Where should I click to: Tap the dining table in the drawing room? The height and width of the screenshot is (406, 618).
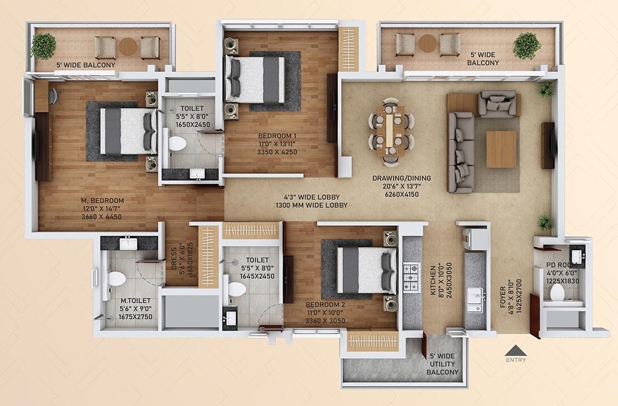pos(392,130)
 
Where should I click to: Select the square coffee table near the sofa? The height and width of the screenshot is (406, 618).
pos(501,149)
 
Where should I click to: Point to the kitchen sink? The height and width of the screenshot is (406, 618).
pos(474,300)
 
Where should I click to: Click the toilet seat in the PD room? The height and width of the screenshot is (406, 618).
pos(558,293)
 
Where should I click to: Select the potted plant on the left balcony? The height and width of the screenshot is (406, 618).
pos(44,46)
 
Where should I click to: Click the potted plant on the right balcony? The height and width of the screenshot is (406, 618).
pos(526,45)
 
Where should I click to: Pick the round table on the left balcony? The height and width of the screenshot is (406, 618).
pos(128,46)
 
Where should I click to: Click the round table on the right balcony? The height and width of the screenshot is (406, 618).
pos(427,43)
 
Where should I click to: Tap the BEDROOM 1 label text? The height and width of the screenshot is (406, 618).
pos(277,136)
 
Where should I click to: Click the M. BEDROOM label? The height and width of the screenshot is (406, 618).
pos(102,200)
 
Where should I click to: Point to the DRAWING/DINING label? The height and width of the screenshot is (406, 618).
pos(401,178)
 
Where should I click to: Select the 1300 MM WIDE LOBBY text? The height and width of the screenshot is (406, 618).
pos(312,206)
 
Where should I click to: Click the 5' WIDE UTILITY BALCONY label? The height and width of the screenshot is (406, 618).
pos(442,364)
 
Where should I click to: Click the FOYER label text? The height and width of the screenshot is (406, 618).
pos(502,296)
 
